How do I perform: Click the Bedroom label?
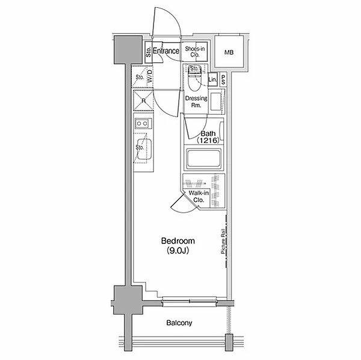coord(178,241)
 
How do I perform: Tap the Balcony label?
coord(179,323)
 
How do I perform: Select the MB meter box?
coord(229,52)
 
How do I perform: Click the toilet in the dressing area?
coord(195,79)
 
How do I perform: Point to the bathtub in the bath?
coord(203,159)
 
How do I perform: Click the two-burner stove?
coord(143,124)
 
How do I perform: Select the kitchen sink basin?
coord(144,149)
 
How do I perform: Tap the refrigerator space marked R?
coord(143,100)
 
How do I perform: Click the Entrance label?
coord(166,51)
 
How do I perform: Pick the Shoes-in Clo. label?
coord(195,52)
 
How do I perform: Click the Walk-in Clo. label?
coord(199,197)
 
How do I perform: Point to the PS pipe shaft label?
coord(223,79)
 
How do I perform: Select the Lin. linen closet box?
coord(212,79)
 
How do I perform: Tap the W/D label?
coord(150,76)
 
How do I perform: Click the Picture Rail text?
coord(223,242)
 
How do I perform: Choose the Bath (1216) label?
coord(208,137)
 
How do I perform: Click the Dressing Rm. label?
coord(196,102)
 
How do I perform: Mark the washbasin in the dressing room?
coord(216,102)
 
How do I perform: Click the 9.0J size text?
coord(178,250)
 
